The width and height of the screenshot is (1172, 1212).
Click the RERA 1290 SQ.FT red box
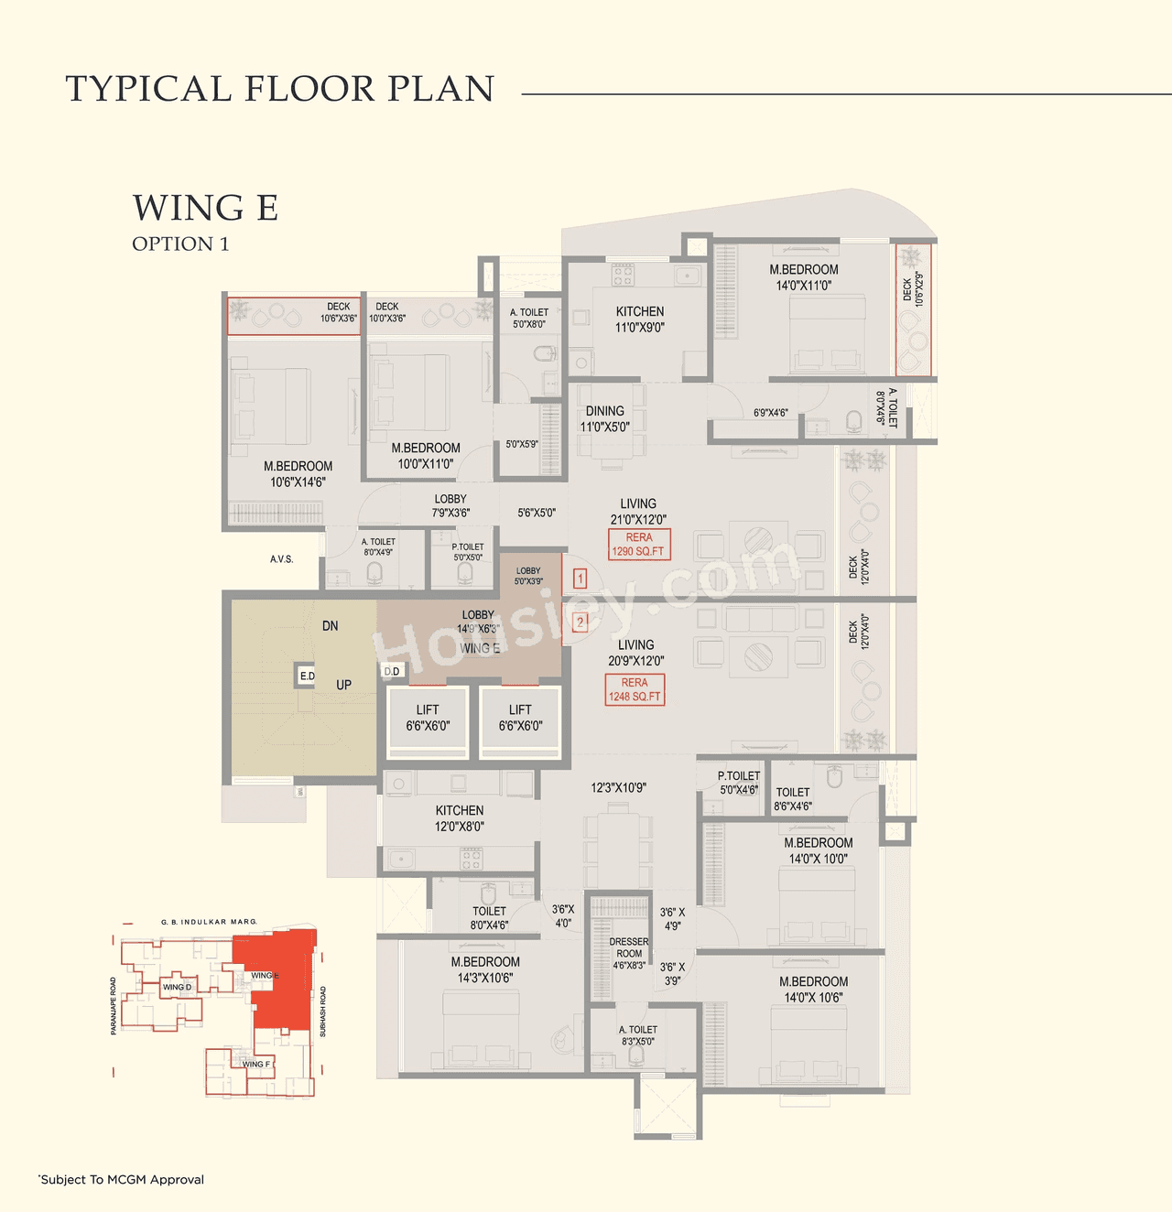tap(639, 545)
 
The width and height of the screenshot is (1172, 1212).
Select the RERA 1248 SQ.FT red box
tap(635, 689)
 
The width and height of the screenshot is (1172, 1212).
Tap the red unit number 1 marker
tap(580, 579)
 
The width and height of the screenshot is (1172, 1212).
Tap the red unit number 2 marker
tap(580, 622)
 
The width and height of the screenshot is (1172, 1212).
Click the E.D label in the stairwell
tap(307, 676)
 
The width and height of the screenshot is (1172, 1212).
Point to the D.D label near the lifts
tap(392, 671)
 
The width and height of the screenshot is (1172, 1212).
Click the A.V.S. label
tap(281, 559)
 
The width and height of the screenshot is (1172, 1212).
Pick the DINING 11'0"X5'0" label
tap(604, 419)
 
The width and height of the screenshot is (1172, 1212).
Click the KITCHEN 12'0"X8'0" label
tap(460, 818)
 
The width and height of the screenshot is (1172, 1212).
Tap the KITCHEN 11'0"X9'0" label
tap(640, 319)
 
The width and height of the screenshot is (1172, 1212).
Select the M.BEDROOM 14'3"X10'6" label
tap(485, 969)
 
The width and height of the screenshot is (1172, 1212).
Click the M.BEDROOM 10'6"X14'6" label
tap(298, 474)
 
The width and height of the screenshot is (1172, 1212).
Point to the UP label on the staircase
tap(343, 685)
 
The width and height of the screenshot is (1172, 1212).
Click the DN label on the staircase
tap(331, 626)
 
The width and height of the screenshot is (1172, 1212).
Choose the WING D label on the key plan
tap(177, 987)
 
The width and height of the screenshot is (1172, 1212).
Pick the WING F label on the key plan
tap(255, 1064)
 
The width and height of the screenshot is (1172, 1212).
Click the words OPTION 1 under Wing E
tap(180, 243)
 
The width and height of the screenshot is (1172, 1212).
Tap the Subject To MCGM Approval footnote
tap(122, 1179)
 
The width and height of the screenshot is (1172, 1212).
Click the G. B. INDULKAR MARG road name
tap(209, 922)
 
